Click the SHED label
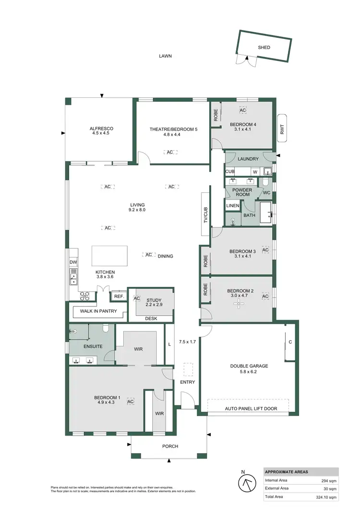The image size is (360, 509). click(264, 47)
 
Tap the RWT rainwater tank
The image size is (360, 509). click(282, 128)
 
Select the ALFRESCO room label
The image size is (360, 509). click(101, 129)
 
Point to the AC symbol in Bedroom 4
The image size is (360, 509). click(243, 110)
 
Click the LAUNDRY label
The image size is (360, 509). click(248, 159)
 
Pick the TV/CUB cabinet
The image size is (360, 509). click(205, 214)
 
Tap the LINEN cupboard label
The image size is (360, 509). click(233, 206)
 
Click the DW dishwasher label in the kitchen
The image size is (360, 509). click(73, 262)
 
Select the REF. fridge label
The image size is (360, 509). click(119, 296)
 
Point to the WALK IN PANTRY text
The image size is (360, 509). click(93, 311)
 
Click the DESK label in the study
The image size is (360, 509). click(151, 319)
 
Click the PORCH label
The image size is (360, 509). click(170, 446)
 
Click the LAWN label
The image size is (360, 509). click(166, 56)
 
